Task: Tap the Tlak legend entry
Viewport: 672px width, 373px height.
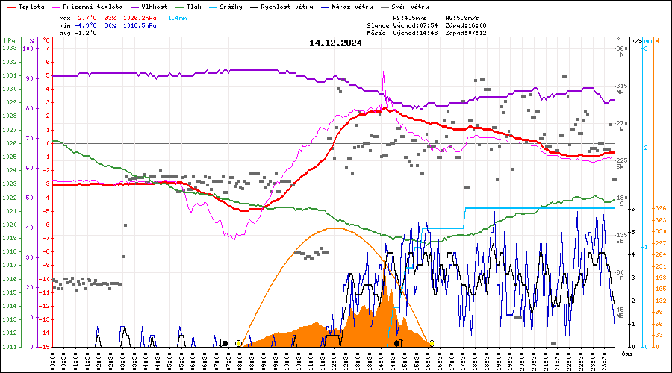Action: point(196,6)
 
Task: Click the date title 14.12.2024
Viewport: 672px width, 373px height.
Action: point(335,43)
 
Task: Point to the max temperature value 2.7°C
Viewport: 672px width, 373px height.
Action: point(90,16)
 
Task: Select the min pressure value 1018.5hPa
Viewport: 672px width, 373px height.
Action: point(140,25)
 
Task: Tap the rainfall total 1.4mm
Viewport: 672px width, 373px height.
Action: point(178,16)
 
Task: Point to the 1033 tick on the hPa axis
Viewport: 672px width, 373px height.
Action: point(10,48)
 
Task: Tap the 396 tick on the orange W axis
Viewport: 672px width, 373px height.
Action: point(660,208)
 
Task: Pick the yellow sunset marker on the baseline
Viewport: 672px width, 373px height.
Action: point(432,343)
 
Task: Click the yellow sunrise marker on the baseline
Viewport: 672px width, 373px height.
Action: point(238,343)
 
